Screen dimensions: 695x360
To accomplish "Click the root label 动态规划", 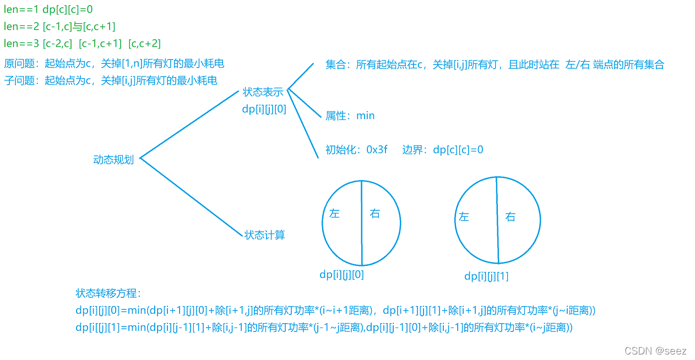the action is (x=113, y=160).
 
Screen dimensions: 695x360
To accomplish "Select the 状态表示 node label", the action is (x=263, y=92).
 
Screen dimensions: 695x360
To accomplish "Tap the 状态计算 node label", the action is (x=264, y=235).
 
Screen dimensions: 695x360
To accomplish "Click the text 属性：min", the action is (x=350, y=116).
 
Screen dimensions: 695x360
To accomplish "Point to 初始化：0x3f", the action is (x=356, y=149).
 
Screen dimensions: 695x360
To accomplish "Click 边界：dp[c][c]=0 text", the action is (x=443, y=149).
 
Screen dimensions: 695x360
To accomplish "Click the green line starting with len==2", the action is (x=59, y=26).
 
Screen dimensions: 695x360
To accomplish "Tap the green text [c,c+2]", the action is (x=144, y=43).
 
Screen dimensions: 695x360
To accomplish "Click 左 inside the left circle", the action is (x=334, y=214).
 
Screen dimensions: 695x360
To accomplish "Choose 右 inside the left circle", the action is (x=375, y=214).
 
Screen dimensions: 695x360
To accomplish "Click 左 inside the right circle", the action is (x=464, y=217).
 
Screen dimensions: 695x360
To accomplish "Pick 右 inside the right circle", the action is (x=510, y=217).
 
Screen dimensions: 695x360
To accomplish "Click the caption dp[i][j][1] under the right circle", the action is (x=486, y=276).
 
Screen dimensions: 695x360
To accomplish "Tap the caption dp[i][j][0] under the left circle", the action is (x=341, y=274).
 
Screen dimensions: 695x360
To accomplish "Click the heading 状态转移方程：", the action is (x=108, y=293).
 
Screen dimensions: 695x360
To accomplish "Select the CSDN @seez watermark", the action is (x=655, y=351).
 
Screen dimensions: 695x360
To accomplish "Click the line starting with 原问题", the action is (x=114, y=63).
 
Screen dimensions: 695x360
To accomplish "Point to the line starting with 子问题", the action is (x=111, y=80).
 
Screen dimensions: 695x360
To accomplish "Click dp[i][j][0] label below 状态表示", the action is (x=264, y=109).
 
